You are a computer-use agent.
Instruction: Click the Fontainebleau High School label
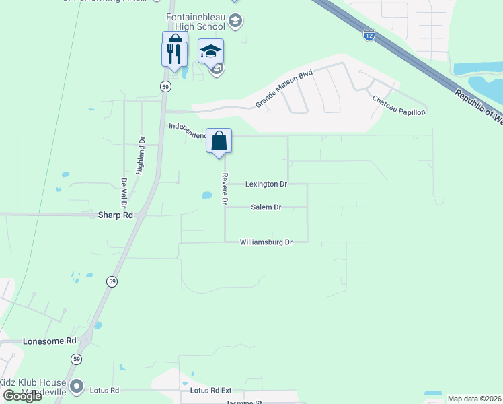[191, 22]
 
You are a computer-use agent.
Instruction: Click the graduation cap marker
[210, 51]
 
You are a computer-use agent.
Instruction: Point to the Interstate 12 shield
[369, 35]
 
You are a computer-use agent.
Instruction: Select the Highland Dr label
[141, 157]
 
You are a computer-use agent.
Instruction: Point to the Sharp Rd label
[116, 215]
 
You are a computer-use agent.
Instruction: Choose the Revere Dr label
[225, 189]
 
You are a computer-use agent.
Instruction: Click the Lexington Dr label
[266, 184]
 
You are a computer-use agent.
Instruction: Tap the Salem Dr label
[266, 207]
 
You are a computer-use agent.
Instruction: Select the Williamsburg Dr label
[266, 242]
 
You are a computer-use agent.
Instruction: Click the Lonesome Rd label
[50, 341]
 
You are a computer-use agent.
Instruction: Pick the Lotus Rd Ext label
[210, 391]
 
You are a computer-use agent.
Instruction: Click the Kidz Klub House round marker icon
[77, 386]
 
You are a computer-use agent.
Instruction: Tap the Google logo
[23, 396]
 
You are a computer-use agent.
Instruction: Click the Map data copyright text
[474, 399]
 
